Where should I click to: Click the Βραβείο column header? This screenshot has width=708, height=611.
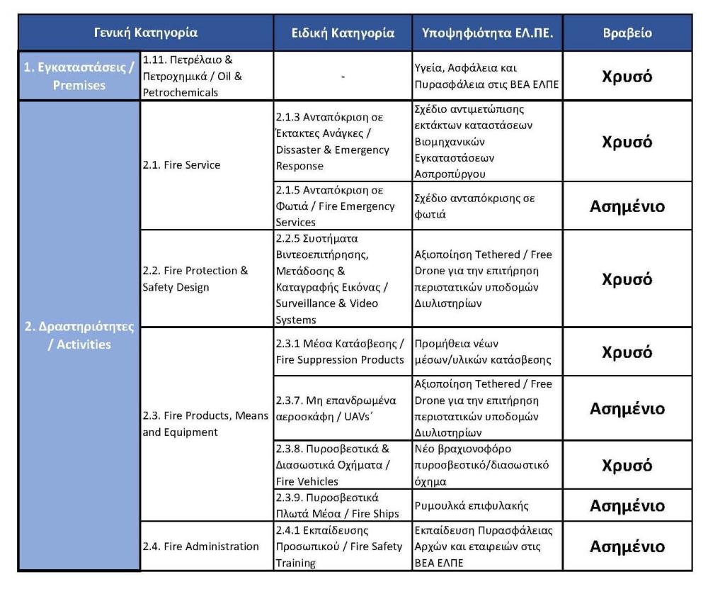(627, 33)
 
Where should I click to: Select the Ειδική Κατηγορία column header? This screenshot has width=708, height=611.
(343, 33)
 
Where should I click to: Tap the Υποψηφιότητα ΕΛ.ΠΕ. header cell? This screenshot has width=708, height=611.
(487, 33)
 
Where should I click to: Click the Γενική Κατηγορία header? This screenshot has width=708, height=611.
(146, 33)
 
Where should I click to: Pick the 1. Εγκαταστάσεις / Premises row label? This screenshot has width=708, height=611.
(79, 76)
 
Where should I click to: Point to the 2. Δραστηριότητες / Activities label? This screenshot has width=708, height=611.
(79, 336)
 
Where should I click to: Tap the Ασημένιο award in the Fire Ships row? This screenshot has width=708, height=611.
(627, 505)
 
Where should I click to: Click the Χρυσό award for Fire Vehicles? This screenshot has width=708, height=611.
(627, 465)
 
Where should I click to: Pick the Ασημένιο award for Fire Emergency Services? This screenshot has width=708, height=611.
(627, 206)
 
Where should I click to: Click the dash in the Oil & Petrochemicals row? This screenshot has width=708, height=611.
(343, 76)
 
